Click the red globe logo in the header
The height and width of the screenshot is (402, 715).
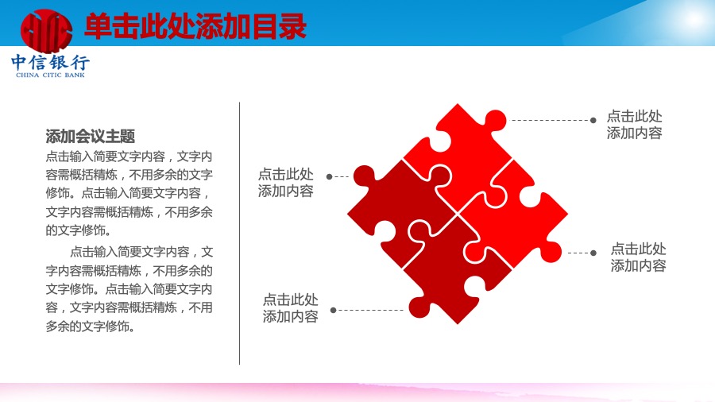click(47, 31)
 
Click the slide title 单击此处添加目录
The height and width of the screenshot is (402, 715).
click(195, 27)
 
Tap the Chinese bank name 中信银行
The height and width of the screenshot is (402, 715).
click(50, 63)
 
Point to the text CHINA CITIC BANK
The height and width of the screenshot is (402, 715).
click(50, 75)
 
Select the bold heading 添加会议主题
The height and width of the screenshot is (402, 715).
click(91, 137)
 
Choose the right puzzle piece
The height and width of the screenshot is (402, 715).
click(516, 215)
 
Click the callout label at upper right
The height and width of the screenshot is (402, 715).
click(634, 125)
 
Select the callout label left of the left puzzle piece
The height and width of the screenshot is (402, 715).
click(286, 182)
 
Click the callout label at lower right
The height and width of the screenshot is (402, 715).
click(639, 257)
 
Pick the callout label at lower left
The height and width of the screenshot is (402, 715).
click(291, 308)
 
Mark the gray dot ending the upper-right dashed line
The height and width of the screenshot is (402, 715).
click(593, 120)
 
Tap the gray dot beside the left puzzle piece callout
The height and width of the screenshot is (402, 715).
click(329, 176)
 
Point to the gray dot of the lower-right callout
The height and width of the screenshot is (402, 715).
click(593, 253)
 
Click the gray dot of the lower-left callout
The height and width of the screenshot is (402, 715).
click(334, 310)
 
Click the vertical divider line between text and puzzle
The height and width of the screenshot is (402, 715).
click(239, 234)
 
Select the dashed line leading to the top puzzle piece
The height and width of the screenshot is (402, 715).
click(551, 120)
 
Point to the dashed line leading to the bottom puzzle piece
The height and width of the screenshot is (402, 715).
click(370, 310)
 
